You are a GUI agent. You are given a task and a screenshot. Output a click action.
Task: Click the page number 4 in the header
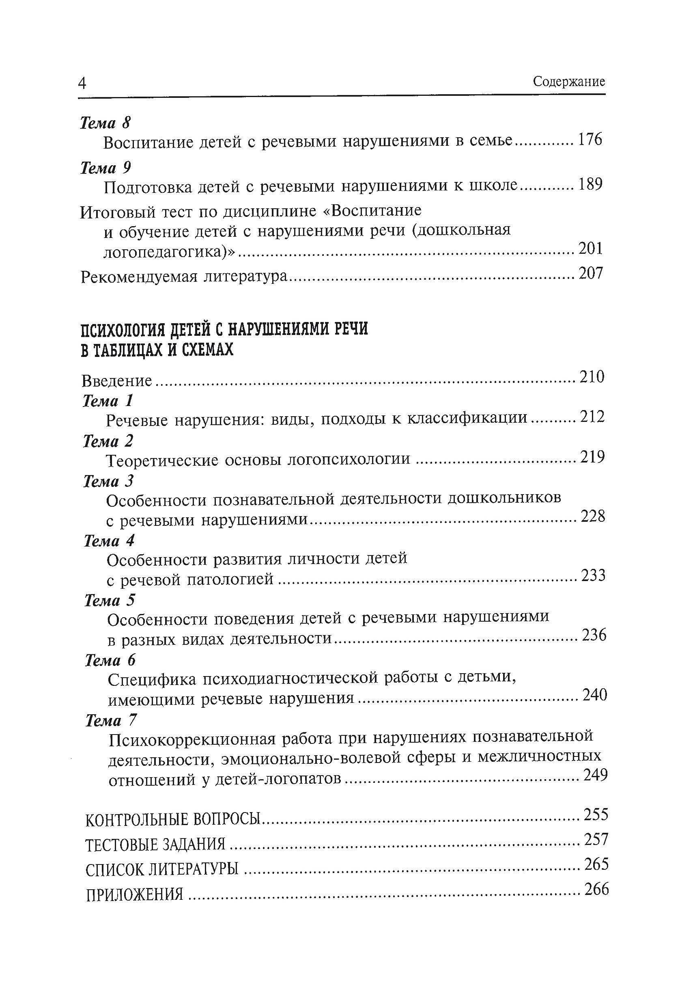click(82, 83)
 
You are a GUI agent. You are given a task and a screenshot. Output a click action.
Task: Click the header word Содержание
click(569, 82)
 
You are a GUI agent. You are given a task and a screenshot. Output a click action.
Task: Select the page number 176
click(590, 140)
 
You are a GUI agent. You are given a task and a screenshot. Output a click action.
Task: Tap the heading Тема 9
click(105, 168)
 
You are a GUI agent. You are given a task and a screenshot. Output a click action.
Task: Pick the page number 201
click(590, 249)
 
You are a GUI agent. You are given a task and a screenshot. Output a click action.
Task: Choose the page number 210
click(592, 377)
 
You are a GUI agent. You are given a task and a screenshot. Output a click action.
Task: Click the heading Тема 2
click(108, 441)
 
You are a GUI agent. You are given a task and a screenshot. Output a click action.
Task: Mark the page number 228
click(593, 516)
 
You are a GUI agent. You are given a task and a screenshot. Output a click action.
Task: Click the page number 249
click(595, 774)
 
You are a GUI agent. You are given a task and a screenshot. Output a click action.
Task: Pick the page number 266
click(596, 889)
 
